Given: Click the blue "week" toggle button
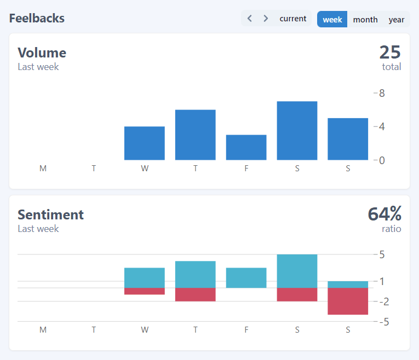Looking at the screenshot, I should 332,19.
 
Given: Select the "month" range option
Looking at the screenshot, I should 365,19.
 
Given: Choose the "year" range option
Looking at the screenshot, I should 396,19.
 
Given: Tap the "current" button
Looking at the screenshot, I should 292,19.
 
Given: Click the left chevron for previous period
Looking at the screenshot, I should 250,19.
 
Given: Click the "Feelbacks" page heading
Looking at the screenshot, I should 37,18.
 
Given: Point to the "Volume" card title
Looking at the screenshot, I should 42,53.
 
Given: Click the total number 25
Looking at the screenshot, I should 390,53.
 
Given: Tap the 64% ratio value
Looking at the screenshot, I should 384,214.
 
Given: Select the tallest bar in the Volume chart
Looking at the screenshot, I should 297,131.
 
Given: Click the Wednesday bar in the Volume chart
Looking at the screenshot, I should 145,143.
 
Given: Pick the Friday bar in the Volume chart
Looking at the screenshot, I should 246,147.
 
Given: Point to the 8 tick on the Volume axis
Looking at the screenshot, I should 381,93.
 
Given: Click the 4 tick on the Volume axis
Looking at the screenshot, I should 381,126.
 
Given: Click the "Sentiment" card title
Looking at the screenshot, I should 50,214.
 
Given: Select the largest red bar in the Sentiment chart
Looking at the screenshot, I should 348,301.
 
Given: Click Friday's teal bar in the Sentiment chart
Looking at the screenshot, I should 246,278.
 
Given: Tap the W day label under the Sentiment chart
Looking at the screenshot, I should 145,330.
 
